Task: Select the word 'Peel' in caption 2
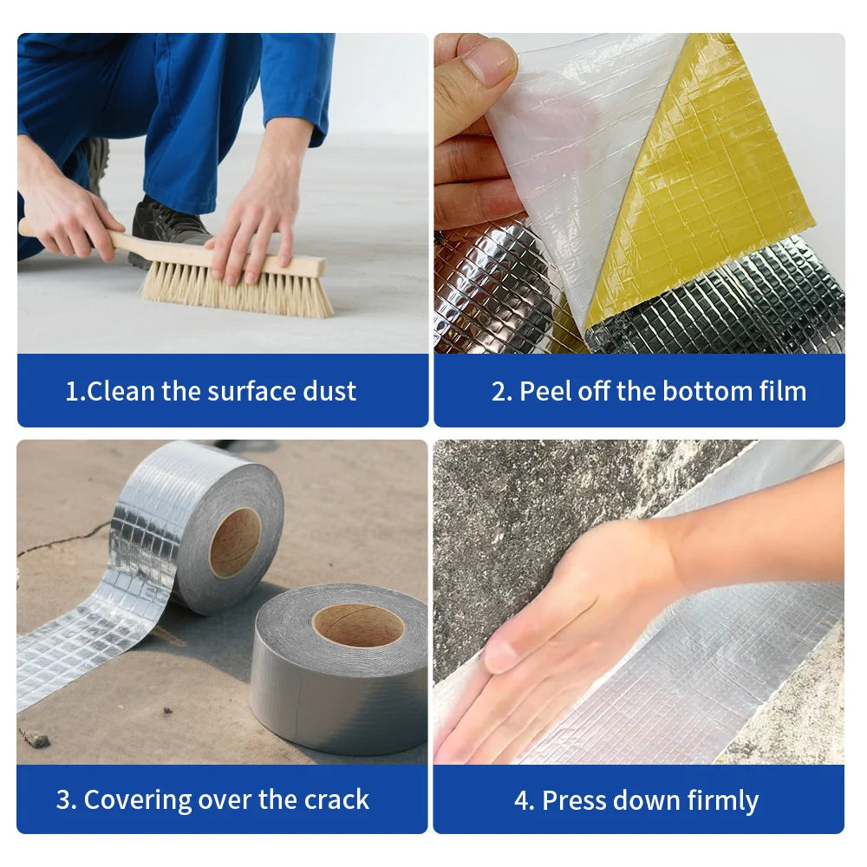tap(539, 391)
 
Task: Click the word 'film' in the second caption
tap(780, 391)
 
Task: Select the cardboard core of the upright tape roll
tap(235, 543)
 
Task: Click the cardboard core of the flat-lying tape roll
tap(357, 625)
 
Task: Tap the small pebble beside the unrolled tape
tap(36, 738)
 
